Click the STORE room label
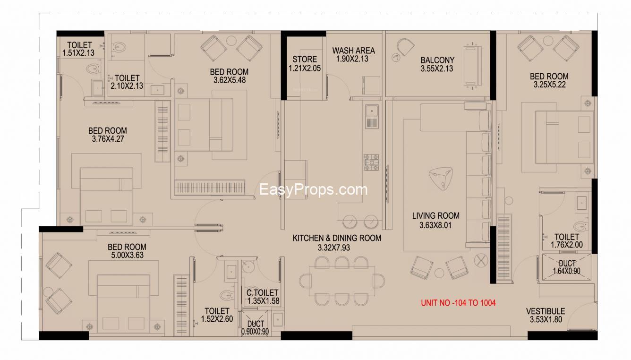[x=305, y=60]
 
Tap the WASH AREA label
[x=354, y=51]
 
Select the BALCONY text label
[x=437, y=60]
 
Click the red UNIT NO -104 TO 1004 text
[x=458, y=303]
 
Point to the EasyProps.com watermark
[x=313, y=189]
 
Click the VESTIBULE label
[x=546, y=311]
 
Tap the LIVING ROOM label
[x=436, y=216]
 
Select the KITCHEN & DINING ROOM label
[x=337, y=238]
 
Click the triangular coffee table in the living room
[x=441, y=178]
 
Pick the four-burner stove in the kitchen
[x=371, y=162]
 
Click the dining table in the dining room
[x=342, y=281]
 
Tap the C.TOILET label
[x=262, y=292]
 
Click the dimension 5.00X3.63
[x=128, y=255]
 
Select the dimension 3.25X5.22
[x=549, y=85]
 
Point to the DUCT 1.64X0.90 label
[x=566, y=267]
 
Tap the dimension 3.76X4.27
[x=108, y=139]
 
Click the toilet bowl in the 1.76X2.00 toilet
[x=580, y=226]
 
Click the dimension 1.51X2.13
[x=78, y=53]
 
